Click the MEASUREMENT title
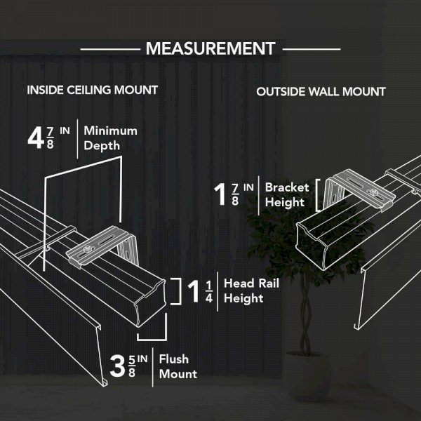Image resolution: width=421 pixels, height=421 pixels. click(210, 48)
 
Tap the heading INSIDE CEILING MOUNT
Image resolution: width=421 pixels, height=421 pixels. click(93, 90)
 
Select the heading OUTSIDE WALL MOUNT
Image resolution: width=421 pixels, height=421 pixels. click(321, 92)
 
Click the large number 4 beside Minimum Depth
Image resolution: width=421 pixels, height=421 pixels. click(36, 138)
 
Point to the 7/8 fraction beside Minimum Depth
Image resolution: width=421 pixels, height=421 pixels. click(51, 138)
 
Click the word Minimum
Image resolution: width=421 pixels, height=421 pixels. click(110, 131)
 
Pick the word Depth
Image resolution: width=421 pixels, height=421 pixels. click(102, 146)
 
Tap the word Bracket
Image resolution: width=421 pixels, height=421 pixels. click(287, 187)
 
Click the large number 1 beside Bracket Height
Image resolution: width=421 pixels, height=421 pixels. click(220, 194)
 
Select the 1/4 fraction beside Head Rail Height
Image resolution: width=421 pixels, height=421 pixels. click(209, 292)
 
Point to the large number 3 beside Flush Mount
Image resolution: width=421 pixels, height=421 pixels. click(118, 366)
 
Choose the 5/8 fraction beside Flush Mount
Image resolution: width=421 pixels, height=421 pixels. click(132, 366)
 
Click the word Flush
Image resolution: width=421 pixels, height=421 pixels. click(174, 359)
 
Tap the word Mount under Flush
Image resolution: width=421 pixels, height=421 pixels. click(178, 374)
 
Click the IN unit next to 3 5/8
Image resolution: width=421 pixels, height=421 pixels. click(142, 359)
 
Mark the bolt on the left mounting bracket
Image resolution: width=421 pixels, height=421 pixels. click(86, 249)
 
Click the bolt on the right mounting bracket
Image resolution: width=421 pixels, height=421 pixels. click(373, 192)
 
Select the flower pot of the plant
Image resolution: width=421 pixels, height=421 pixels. click(307, 376)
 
